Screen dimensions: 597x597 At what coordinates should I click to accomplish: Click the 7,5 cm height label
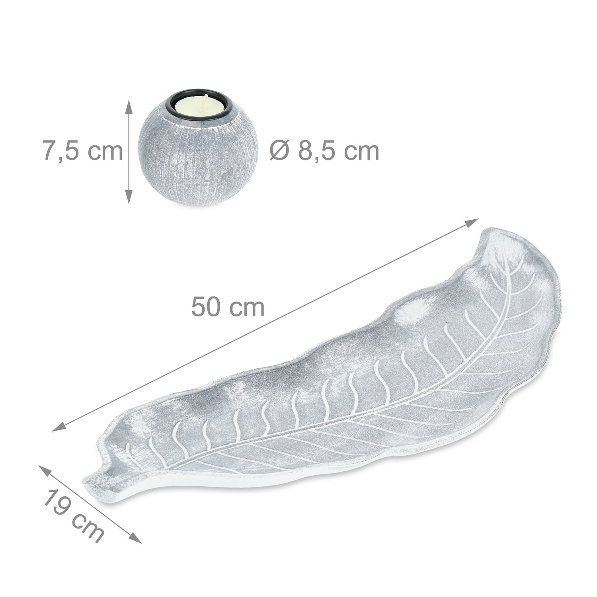coord(83,152)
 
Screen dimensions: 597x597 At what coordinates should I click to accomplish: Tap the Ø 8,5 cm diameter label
coord(324,152)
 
